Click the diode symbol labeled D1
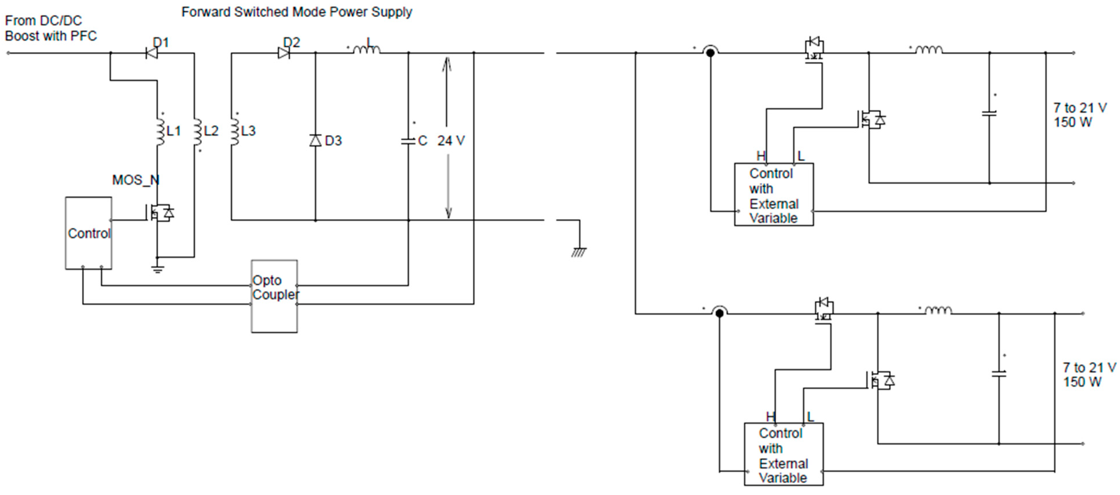point(152,53)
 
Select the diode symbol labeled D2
point(284,53)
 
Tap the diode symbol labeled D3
point(315,140)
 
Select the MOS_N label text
point(136,180)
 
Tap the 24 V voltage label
point(451,140)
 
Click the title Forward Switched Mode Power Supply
point(296,12)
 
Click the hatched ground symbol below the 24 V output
point(579,252)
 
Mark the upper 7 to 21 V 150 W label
point(1080,115)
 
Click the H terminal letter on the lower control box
point(770,416)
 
